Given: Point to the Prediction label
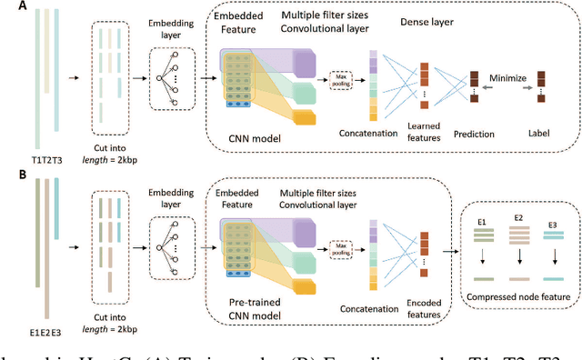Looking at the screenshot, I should tap(471, 134).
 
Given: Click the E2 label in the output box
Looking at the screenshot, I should tap(518, 218).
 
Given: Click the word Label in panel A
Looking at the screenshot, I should tap(539, 134).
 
